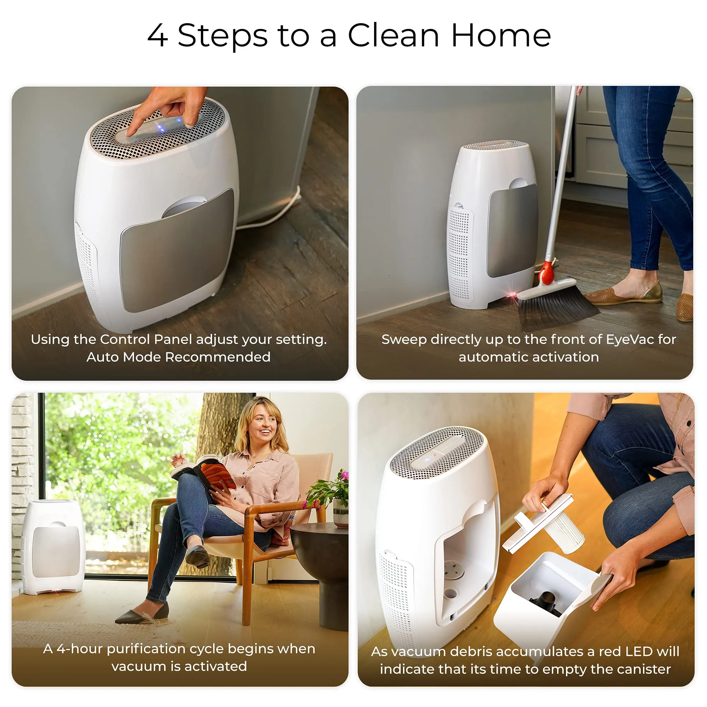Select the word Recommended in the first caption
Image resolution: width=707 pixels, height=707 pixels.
tap(218, 357)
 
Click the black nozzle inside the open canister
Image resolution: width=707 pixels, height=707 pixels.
tap(547, 602)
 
